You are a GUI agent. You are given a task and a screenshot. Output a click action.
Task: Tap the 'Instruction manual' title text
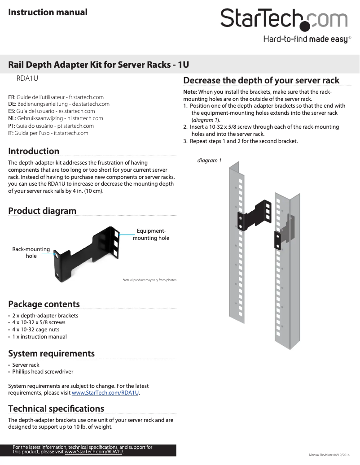coord(48,12)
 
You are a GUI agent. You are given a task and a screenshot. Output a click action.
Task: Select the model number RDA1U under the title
coord(27,78)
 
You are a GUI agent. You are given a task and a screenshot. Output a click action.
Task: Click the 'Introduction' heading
coord(34,151)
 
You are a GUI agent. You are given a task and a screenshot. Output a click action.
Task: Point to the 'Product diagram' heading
coord(42,211)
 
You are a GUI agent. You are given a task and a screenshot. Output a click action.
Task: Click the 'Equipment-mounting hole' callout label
coord(151,235)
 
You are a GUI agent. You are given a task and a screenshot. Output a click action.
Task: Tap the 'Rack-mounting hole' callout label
coord(31,252)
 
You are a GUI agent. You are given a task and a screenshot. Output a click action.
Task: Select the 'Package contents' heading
coord(44,304)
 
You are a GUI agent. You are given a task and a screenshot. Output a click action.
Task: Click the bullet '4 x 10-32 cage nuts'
coord(36,330)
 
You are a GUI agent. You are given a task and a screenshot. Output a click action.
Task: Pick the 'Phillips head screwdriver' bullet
coord(43,372)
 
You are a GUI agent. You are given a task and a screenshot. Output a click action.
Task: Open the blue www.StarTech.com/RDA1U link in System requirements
coord(105,393)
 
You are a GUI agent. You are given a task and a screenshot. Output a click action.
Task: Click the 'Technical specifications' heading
coord(56,409)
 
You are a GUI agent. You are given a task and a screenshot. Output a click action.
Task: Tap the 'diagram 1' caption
coord(210,161)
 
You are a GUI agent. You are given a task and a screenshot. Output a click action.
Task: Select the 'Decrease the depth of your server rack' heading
coord(261,80)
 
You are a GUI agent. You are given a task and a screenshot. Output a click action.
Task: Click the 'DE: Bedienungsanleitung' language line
coord(59,104)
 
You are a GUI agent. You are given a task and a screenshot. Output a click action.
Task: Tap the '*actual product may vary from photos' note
coord(149,280)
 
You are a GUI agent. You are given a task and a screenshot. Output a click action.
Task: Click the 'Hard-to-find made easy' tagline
coord(305,39)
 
